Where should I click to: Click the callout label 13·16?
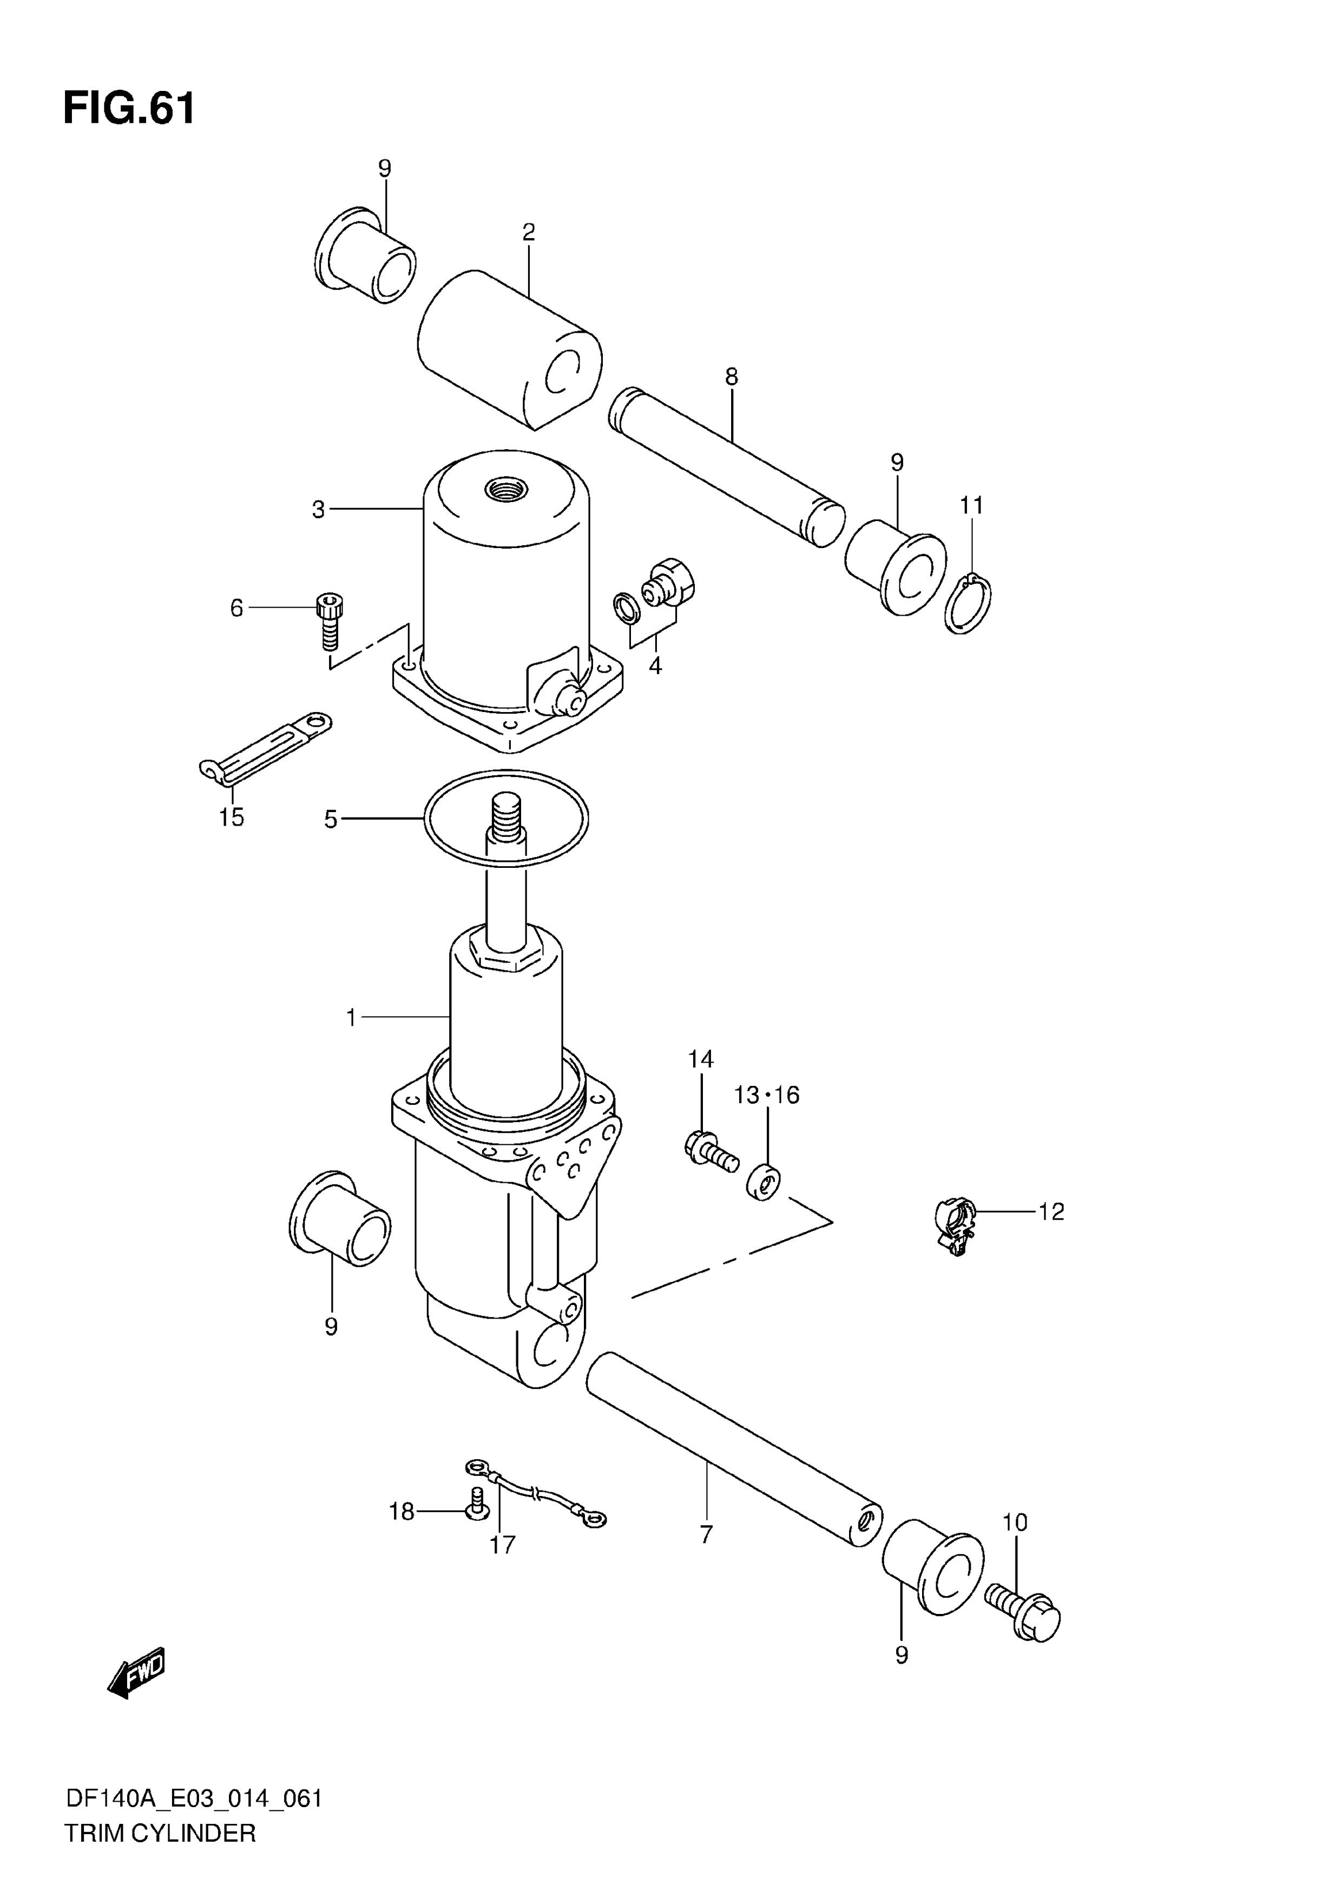click(766, 1095)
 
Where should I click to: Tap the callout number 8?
click(731, 377)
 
